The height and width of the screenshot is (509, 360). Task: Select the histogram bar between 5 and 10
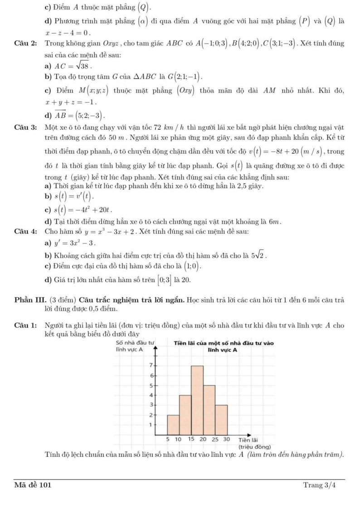173,424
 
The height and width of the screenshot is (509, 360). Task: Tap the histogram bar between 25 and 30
221,419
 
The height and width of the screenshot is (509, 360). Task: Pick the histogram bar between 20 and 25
209,409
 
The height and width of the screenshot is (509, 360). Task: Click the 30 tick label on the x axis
227,440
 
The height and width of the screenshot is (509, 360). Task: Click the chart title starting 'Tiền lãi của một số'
224,343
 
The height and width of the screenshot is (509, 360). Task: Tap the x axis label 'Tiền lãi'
248,440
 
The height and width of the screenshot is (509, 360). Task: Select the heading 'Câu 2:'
24,44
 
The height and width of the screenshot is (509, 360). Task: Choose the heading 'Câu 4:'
24,231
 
